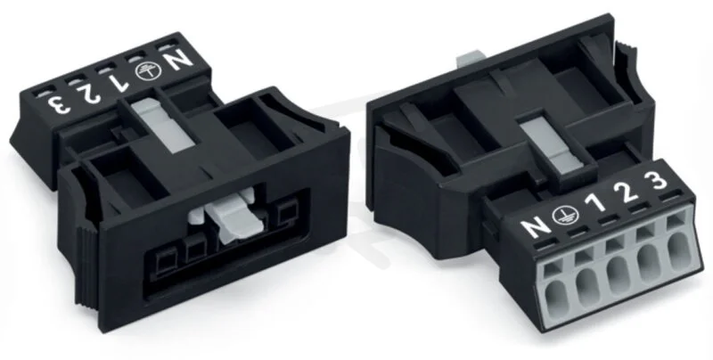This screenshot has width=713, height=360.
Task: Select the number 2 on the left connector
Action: tap(89, 93)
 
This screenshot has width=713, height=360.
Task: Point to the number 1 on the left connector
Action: tap(119, 82)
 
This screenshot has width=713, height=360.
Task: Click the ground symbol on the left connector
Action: tap(147, 71)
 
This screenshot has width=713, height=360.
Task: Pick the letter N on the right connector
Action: tap(536, 226)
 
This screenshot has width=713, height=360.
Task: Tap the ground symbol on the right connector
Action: tap(565, 215)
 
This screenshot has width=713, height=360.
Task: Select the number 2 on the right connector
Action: tap(627, 192)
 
